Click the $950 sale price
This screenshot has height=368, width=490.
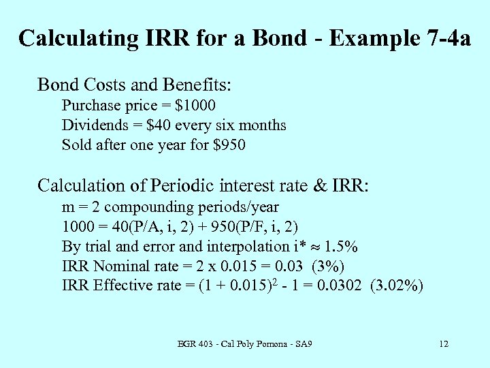pos(229,145)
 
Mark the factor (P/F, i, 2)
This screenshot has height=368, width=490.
pos(263,226)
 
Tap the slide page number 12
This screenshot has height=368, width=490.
pos(444,344)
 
